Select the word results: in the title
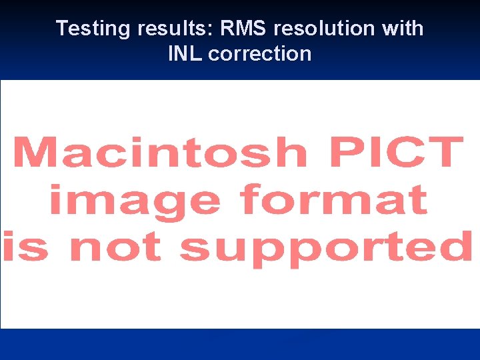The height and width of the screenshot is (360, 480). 165,29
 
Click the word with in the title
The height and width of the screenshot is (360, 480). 401,29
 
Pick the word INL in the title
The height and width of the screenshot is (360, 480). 185,53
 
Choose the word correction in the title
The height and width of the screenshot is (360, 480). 259,53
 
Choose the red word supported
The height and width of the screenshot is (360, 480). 325,248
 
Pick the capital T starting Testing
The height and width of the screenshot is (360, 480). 63,29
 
